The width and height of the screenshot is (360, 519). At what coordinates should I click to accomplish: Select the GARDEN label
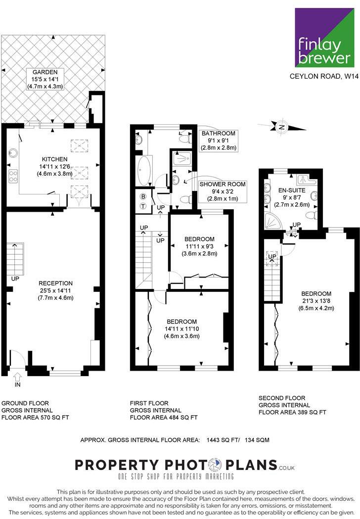coord(44,72)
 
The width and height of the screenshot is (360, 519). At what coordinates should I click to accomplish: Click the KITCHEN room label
coord(54,159)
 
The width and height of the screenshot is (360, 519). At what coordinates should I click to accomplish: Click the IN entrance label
coord(18,384)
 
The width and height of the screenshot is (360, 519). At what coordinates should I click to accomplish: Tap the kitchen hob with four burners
coord(13,175)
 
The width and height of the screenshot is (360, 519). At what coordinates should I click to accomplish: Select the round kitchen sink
coord(13,153)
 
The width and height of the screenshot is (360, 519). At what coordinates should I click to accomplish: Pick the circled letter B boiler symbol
coord(143,196)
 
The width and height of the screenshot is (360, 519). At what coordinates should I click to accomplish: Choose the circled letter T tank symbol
coord(143,206)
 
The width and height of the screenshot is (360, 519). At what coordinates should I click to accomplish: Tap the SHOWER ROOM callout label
coord(222,185)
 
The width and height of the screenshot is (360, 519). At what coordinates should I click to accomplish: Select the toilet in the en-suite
coord(311,215)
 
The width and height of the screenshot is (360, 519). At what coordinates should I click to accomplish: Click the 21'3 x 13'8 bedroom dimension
coord(316,301)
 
